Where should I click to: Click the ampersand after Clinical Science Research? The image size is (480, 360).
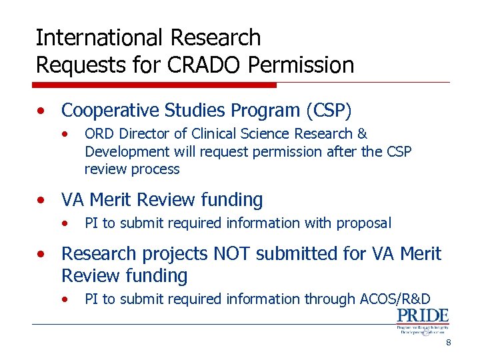pyautogui.click(x=363, y=134)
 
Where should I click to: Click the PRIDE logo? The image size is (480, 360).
pyautogui.click(x=423, y=321)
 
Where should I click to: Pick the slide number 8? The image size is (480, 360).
pyautogui.click(x=449, y=343)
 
